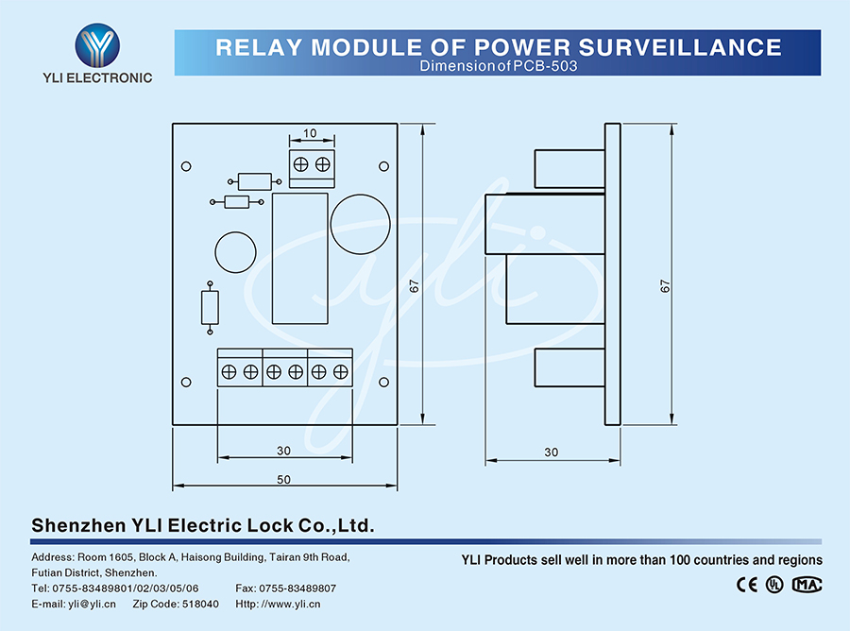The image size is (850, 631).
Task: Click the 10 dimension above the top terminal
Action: pyautogui.click(x=311, y=134)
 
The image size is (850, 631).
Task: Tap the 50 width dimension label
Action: pyautogui.click(x=283, y=480)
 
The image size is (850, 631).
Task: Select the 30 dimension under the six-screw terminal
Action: pyautogui.click(x=283, y=451)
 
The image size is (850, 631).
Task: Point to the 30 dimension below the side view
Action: pyautogui.click(x=552, y=452)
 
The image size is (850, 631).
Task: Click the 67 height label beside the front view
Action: pyautogui.click(x=414, y=286)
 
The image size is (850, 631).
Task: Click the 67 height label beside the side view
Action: pyautogui.click(x=665, y=286)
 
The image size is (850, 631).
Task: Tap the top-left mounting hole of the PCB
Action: pyautogui.click(x=186, y=166)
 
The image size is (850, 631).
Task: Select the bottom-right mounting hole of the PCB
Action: pyautogui.click(x=383, y=383)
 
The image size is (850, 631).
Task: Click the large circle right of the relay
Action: pyautogui.click(x=360, y=223)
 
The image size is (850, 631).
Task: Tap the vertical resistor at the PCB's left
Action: pyautogui.click(x=210, y=307)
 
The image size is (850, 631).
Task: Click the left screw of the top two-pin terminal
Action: pyautogui.click(x=300, y=163)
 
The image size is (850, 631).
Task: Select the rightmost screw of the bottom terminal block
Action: pyautogui.click(x=340, y=372)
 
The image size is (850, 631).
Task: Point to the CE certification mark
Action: pyautogui.click(x=746, y=584)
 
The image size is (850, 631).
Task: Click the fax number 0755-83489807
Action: pyautogui.click(x=296, y=588)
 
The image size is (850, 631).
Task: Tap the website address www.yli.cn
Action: pyautogui.click(x=294, y=604)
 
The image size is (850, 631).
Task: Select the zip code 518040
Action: pyautogui.click(x=200, y=604)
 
